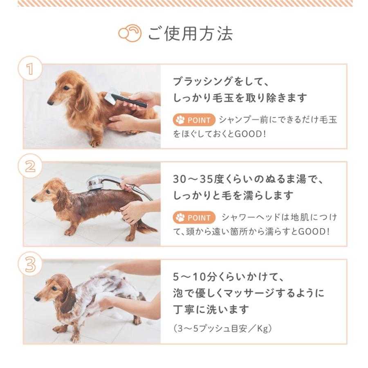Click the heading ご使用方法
(x=190, y=34)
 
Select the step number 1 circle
(x=30, y=68)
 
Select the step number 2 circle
(x=30, y=166)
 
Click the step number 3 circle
(x=30, y=264)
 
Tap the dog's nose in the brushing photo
(x=50, y=103)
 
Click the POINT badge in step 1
(x=194, y=120)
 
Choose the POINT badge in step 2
(x=194, y=218)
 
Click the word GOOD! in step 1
(x=250, y=134)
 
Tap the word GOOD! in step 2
(x=314, y=231)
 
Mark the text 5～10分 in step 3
(x=194, y=277)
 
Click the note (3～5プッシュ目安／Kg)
(x=222, y=328)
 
